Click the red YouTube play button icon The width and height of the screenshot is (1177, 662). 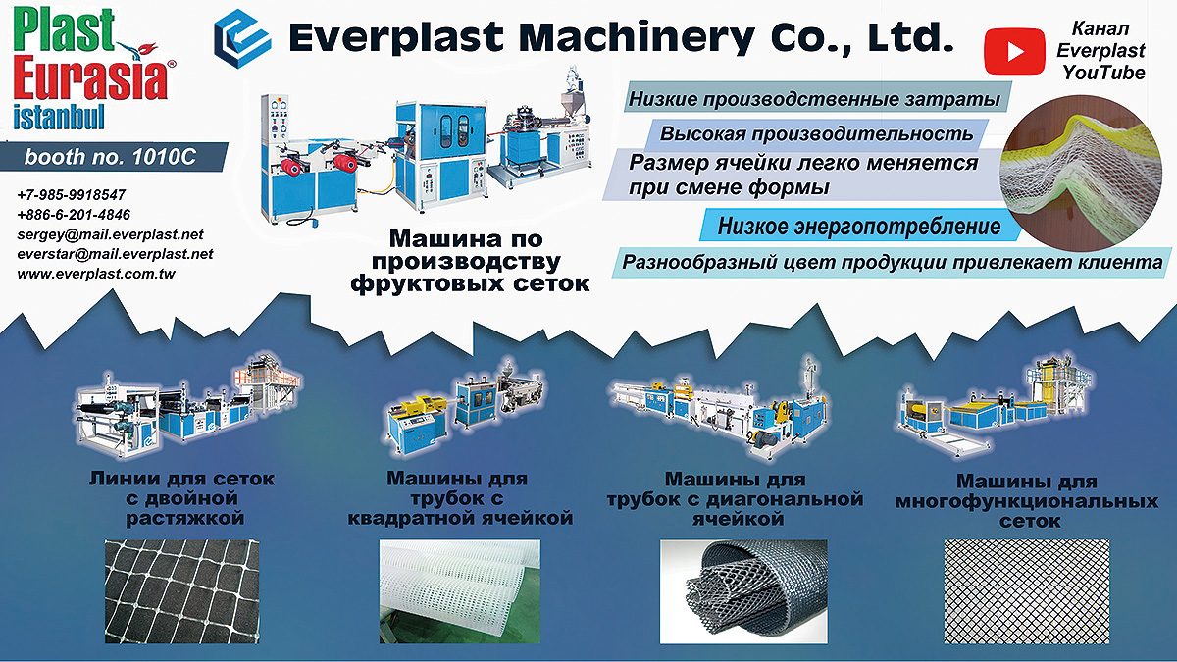click(1014, 51)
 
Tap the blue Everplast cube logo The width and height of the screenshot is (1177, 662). click(242, 39)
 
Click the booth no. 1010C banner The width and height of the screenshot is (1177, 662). click(114, 157)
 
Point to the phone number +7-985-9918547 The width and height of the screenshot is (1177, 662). click(72, 195)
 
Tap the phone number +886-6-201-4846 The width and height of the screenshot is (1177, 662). click(74, 215)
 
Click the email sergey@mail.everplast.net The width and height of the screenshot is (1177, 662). click(110, 234)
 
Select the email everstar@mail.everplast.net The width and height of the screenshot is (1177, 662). click(115, 254)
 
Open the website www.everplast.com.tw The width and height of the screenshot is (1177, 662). click(96, 274)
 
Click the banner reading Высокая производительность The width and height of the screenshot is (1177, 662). click(816, 134)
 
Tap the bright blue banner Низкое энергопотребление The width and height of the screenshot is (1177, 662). click(859, 226)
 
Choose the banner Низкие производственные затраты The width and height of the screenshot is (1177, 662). click(816, 98)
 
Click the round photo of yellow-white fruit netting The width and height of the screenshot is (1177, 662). click(1081, 174)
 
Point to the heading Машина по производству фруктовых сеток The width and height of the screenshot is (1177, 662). click(470, 261)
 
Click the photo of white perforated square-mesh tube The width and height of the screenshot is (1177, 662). click(460, 591)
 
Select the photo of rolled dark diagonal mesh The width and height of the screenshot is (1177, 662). click(743, 591)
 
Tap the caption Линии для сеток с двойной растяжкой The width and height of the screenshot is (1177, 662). click(182, 498)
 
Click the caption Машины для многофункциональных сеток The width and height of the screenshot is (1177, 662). click(1027, 501)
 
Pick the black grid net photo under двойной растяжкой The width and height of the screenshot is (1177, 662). click(181, 591)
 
